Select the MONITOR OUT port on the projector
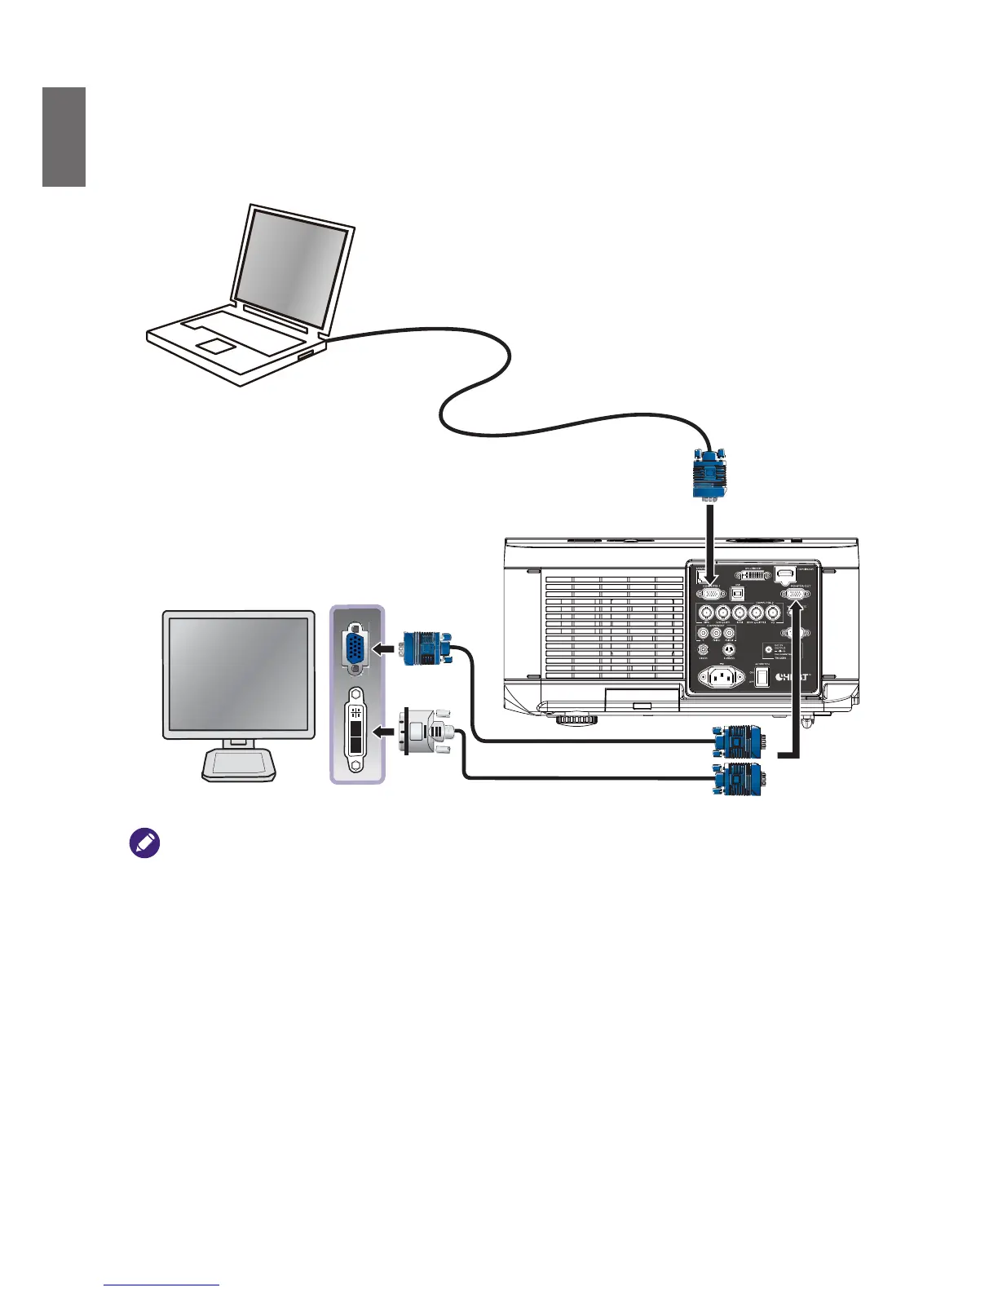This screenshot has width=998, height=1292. click(795, 595)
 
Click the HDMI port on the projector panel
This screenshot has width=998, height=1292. click(784, 574)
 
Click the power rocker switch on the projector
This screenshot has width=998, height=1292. click(762, 676)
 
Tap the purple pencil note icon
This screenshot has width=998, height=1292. click(144, 843)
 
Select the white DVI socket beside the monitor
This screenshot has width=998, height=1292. click(355, 730)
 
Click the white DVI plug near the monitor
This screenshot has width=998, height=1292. click(423, 731)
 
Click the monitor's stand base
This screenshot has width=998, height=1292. click(238, 763)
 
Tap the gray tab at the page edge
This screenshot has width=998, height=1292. click(64, 137)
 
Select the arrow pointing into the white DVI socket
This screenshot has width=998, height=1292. click(384, 731)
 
